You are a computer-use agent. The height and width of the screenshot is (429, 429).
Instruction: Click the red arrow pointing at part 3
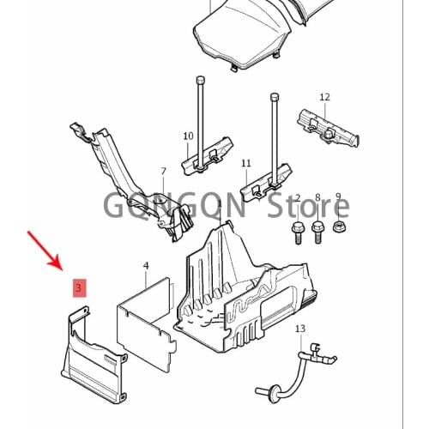(x=45, y=251)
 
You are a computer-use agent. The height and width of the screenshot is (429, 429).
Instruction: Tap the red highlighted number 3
(x=79, y=287)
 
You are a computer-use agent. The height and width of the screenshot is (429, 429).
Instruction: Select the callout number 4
(x=146, y=266)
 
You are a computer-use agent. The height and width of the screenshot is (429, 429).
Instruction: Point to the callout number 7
(x=163, y=172)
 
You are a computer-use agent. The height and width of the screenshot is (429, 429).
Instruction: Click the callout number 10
(x=188, y=136)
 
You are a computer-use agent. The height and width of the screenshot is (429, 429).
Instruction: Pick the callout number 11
(x=246, y=164)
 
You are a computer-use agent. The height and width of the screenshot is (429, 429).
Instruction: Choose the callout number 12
(x=324, y=97)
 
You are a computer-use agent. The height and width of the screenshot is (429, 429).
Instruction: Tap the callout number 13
(x=300, y=329)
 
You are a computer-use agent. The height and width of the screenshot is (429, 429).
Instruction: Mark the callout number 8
(x=317, y=197)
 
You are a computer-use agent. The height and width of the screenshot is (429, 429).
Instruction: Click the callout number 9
(x=338, y=196)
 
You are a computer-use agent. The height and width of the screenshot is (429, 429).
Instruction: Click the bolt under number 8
(x=317, y=233)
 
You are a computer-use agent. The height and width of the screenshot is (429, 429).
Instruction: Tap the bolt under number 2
(x=298, y=233)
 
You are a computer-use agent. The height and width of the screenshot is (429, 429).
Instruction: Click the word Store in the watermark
(x=308, y=205)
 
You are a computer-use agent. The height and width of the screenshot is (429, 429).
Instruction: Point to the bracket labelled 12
(x=328, y=129)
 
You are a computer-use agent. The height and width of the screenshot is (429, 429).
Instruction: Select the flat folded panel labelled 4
(x=146, y=324)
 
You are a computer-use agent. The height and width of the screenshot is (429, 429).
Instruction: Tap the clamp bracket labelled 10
(x=208, y=156)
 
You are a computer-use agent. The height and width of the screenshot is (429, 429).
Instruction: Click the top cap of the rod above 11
(x=274, y=96)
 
